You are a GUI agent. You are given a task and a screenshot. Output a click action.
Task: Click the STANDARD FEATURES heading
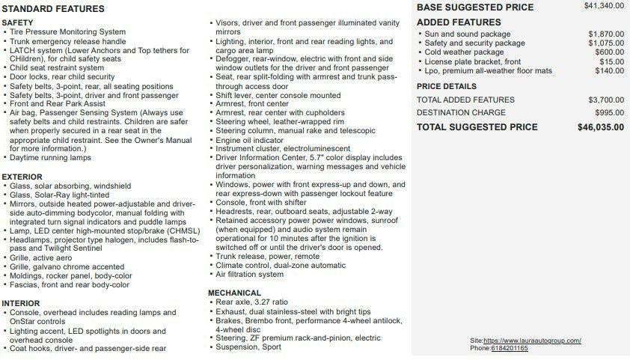pos(52,9)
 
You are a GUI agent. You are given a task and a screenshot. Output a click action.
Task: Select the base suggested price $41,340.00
pos(604,6)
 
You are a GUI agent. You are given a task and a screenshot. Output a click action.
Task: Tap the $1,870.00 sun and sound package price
pos(606,34)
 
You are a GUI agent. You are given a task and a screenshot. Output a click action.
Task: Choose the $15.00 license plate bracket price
pos(611,61)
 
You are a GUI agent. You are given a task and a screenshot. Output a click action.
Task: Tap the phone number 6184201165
pos(510,348)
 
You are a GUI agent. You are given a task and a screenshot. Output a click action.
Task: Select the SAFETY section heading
pos(18,23)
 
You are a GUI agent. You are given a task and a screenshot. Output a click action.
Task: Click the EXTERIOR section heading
pos(22,177)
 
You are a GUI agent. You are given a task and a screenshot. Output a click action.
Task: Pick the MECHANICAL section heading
pos(234,293)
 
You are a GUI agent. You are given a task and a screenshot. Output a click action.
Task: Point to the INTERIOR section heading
pos(21,303)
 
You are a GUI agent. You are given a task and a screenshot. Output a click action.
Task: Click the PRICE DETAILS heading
pos(447,86)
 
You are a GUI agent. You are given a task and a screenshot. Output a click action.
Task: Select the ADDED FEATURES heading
pos(459,22)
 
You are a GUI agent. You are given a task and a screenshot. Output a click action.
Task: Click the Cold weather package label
pos(464,52)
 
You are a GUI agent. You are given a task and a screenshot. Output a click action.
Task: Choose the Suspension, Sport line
pos(249,347)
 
